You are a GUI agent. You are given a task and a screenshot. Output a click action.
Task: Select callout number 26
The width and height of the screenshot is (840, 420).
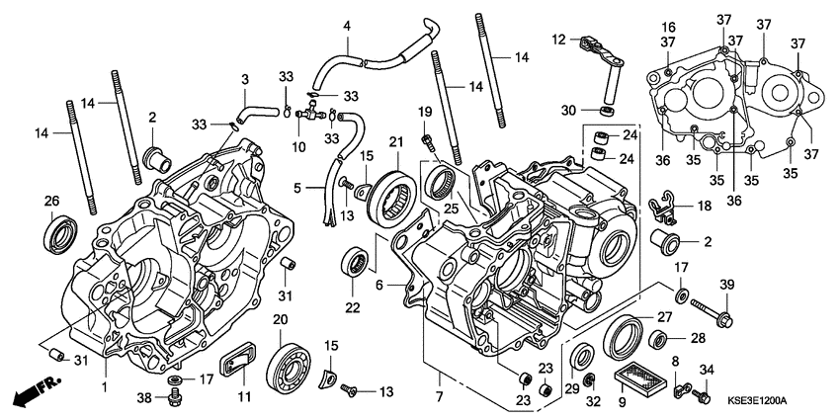click(x=51, y=202)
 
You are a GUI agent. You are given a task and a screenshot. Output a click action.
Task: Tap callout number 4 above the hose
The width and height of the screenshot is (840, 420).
click(x=347, y=25)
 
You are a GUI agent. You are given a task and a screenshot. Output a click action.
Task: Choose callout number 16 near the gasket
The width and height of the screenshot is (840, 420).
click(x=668, y=27)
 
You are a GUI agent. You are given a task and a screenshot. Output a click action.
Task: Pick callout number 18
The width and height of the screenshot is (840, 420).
click(x=704, y=207)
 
